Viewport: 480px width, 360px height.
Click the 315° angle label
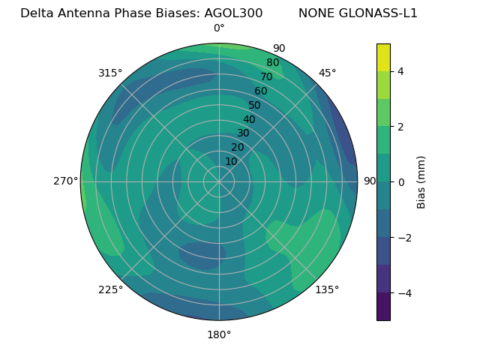[109, 73]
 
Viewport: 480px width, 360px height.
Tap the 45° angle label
[327, 73]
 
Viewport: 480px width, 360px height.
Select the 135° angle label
[327, 289]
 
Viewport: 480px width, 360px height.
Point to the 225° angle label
[110, 289]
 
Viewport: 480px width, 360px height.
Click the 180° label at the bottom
[219, 334]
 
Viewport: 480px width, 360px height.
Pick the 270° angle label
[65, 181]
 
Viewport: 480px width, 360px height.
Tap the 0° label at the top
[219, 28]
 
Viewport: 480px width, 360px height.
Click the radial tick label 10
[231, 161]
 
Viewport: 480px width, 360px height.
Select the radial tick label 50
[254, 105]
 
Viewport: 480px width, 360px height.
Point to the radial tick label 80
[272, 63]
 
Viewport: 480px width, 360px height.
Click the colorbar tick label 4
[400, 71]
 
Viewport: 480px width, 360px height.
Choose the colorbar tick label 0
[400, 182]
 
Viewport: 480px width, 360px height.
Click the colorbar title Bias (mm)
[421, 182]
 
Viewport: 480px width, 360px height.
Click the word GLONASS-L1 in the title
[379, 13]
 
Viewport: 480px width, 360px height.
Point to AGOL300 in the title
[233, 13]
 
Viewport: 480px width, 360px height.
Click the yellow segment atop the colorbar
[383, 57]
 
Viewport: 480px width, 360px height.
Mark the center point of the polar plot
[219, 181]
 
